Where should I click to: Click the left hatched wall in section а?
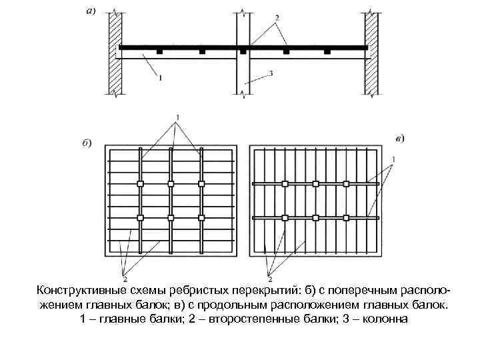pos(113,53)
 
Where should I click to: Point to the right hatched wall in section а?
pos(371,53)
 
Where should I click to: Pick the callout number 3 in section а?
pos(271,75)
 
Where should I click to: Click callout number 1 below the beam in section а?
pos(159,78)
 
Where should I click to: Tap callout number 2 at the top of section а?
pos(276,15)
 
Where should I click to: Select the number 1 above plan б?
pos(177,118)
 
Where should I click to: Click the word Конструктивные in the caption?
pos(81,291)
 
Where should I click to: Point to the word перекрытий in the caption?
pos(263,291)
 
